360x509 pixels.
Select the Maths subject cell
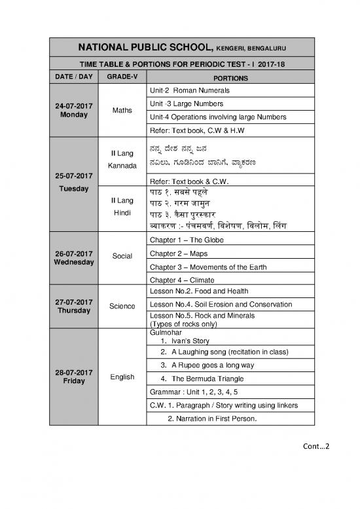(122, 109)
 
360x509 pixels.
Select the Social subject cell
(122, 255)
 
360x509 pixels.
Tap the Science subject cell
(122, 306)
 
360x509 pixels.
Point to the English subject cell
(122, 377)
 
